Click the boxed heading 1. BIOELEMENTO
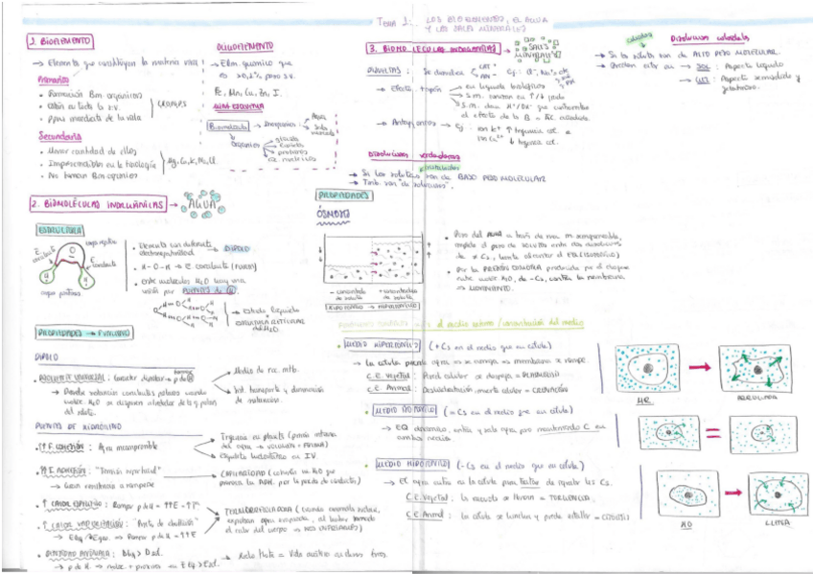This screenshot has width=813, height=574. coord(60,41)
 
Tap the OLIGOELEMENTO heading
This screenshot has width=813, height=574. coord(244,45)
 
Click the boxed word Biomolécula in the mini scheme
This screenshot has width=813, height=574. coord(228,124)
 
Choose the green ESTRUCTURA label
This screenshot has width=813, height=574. coord(59,230)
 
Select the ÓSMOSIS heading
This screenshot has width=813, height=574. coord(335,214)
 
